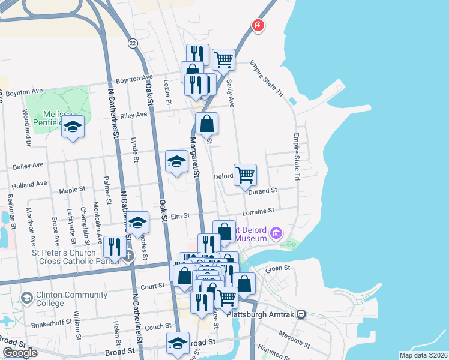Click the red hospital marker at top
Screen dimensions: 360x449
coord(258,25)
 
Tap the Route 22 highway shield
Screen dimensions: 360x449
coord(133,43)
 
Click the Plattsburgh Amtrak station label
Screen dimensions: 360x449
coord(267,314)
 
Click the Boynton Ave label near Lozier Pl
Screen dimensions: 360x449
coord(134,79)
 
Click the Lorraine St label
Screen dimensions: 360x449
coord(258,211)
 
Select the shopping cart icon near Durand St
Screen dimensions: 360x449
coord(245,175)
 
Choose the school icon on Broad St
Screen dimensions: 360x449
coord(178,343)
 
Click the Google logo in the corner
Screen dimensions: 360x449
coord(20,353)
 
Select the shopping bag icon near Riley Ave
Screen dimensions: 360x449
coord(206,124)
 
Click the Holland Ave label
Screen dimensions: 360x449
coord(29,184)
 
